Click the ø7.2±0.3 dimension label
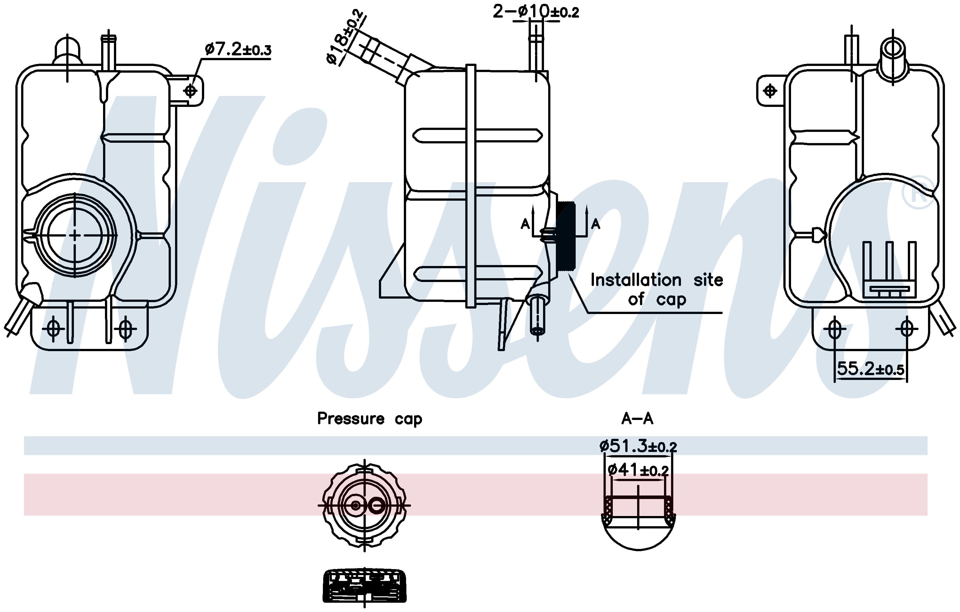(x=238, y=50)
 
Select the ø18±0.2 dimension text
(x=345, y=37)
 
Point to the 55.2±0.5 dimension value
(x=870, y=369)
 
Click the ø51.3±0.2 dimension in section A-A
(x=638, y=446)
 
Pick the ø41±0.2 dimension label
(x=638, y=470)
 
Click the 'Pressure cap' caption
(x=369, y=419)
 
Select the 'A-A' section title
(x=637, y=419)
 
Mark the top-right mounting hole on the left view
(x=191, y=91)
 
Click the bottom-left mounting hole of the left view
(x=53, y=329)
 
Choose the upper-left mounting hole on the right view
(x=770, y=91)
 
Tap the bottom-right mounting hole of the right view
(x=907, y=329)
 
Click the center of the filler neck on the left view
(x=75, y=236)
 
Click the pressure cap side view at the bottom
(x=364, y=586)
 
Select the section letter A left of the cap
(x=525, y=224)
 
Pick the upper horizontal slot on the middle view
(x=477, y=136)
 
